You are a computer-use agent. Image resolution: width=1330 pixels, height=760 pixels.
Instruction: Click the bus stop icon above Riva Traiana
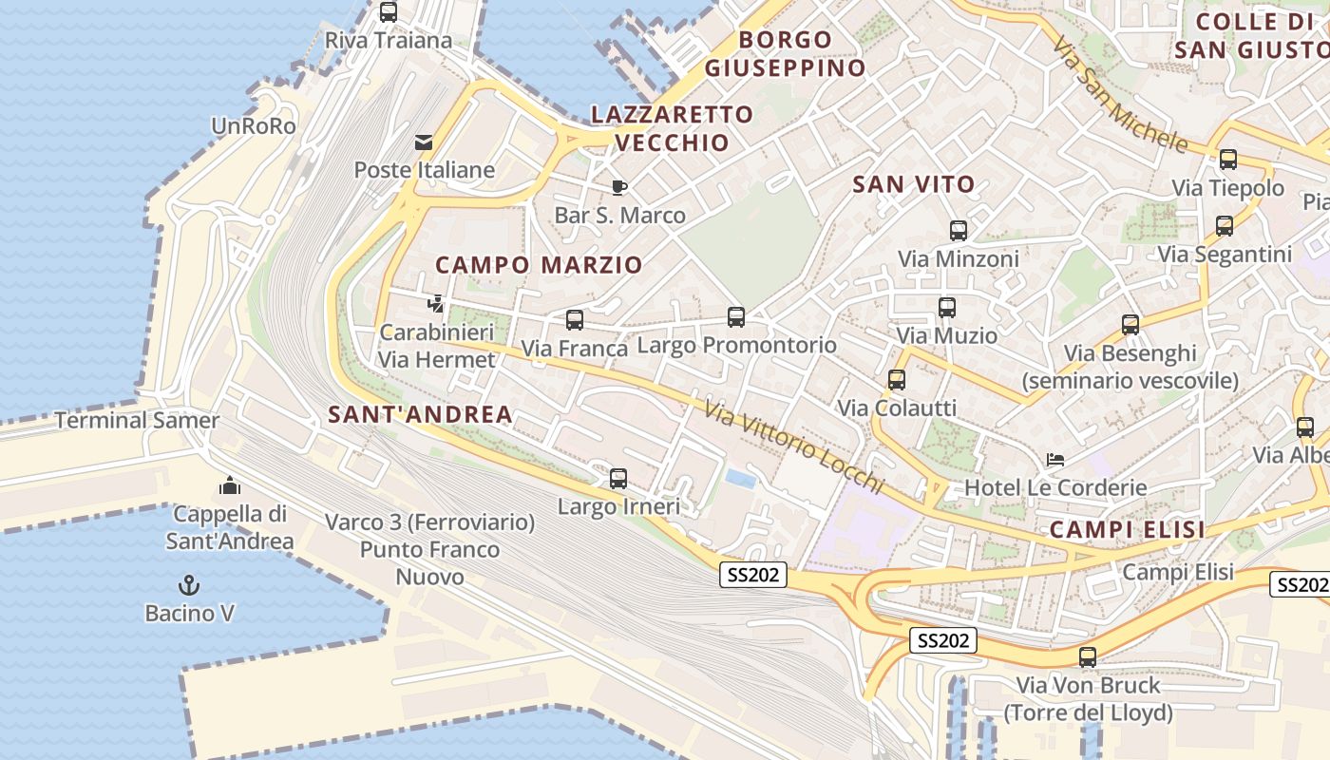point(388,12)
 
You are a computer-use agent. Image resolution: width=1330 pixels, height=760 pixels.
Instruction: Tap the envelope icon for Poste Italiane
point(424,142)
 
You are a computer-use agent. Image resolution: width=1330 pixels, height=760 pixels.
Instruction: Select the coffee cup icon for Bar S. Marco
point(618,187)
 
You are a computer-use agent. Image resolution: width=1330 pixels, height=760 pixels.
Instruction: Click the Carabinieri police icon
point(436,304)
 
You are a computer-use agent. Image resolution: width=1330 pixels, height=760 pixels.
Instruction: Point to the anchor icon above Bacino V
point(189,584)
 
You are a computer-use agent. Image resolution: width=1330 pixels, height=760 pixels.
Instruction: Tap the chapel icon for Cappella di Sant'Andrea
point(229,485)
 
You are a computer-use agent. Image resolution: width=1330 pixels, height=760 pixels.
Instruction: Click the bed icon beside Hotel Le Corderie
point(1054,460)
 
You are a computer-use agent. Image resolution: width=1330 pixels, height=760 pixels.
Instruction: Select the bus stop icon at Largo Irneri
point(618,478)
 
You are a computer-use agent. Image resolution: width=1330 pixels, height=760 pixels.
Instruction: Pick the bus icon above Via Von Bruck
point(1088,656)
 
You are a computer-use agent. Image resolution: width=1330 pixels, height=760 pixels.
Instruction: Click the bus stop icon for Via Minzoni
point(958,230)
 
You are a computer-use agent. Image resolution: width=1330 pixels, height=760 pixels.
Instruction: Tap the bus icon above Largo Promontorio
point(736,316)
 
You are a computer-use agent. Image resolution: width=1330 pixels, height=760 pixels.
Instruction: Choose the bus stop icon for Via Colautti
point(896,380)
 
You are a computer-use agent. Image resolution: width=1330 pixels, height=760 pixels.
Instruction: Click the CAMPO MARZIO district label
point(539,265)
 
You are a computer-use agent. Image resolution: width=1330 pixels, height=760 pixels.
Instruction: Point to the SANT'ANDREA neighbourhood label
point(420,414)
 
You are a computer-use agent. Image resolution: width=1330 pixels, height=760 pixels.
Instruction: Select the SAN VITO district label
point(913,184)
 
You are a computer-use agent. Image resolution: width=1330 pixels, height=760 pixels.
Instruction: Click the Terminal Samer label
point(137,420)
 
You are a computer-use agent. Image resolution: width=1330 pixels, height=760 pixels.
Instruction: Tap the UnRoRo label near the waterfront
point(254,125)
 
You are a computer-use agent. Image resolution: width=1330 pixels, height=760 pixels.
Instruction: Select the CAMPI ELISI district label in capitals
point(1128,530)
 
